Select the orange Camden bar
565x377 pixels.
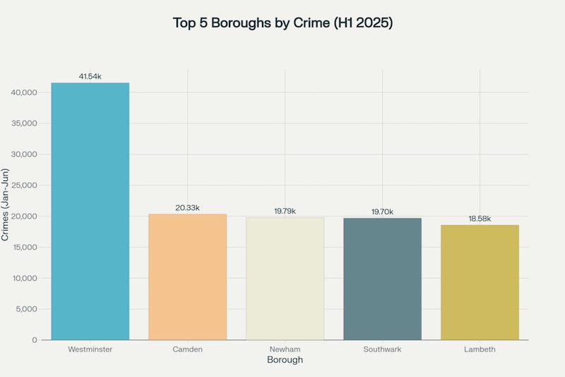187,277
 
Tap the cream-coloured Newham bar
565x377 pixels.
285,279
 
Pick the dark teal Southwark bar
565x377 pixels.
382,279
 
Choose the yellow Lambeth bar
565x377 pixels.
480,282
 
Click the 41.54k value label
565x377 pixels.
90,76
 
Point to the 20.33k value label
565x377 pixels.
187,207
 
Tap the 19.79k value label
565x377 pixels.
285,211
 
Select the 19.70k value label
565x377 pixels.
382,211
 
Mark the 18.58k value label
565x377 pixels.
480,219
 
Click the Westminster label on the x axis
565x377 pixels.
90,349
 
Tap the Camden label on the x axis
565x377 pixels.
187,349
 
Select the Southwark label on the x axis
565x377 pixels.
382,349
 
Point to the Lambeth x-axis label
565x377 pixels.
480,349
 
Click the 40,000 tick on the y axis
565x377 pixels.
25,93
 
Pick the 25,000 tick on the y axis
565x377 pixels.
25,185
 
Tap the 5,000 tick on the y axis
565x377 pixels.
28,309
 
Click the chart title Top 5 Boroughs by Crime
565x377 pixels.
282,23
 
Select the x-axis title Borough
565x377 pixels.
285,361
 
